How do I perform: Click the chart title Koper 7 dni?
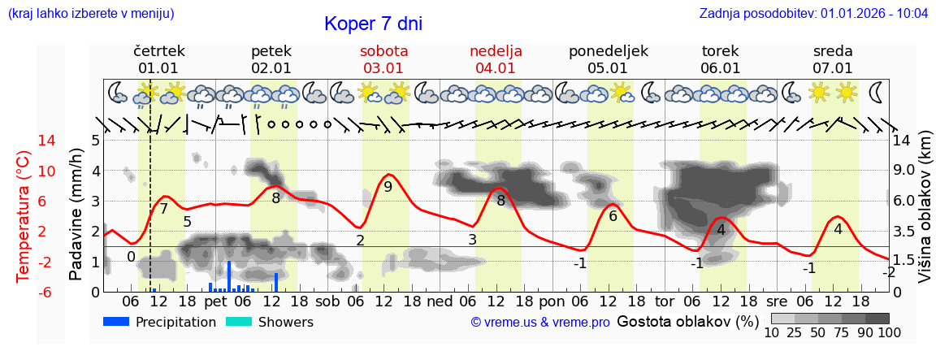[373, 24]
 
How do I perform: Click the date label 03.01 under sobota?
[383, 68]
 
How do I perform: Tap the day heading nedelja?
[496, 51]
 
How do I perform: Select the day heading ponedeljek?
[608, 51]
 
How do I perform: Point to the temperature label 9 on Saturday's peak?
[388, 187]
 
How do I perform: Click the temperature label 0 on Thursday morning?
[131, 257]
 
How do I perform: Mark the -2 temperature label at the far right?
[888, 272]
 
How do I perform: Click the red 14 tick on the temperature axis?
[24, 141]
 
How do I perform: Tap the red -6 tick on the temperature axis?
[24, 292]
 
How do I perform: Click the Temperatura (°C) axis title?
[24, 216]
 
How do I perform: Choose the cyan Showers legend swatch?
[238, 322]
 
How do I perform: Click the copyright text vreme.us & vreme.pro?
[540, 323]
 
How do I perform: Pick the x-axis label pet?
[215, 301]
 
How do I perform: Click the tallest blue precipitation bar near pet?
[229, 276]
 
